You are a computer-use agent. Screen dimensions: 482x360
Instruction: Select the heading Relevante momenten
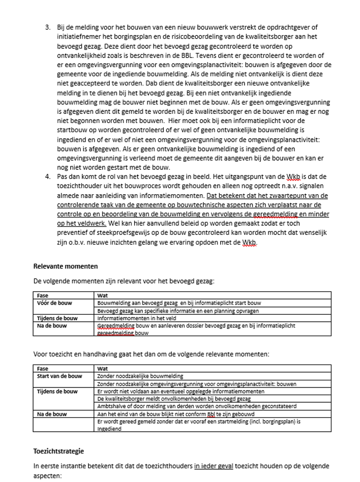(x=66, y=266)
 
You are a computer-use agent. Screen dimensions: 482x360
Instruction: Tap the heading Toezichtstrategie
(x=58, y=451)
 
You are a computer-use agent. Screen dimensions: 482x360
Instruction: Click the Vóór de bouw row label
(x=54, y=303)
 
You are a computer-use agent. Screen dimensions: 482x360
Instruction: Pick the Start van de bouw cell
(x=59, y=376)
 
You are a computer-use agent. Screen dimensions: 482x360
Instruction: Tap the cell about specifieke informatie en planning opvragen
(x=178, y=311)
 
